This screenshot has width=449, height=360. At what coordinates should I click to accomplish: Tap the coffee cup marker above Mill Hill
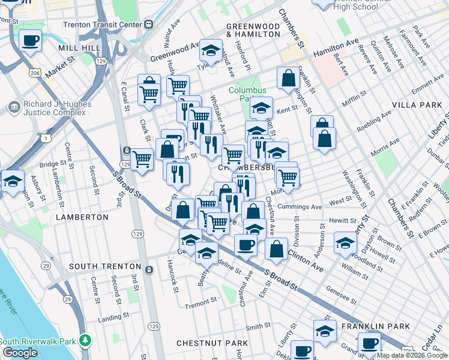pos(30,41)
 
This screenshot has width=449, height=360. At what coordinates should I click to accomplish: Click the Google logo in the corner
pos(20,352)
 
